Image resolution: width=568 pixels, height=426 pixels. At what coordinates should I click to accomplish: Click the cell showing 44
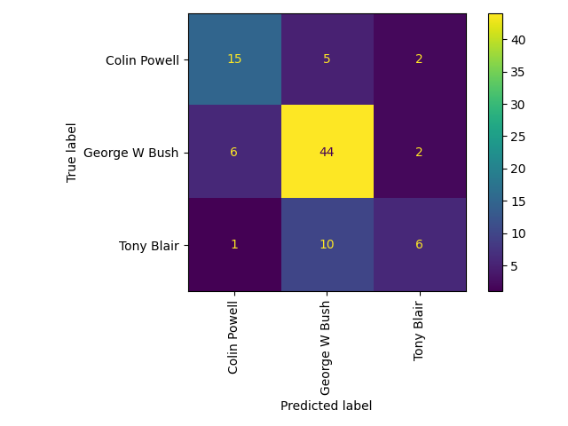tap(327, 152)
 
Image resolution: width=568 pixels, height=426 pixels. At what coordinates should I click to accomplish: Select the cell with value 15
tap(234, 59)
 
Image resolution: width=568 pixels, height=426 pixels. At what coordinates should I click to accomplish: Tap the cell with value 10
tap(327, 244)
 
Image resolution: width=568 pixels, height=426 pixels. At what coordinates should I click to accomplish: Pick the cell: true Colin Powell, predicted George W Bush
tap(327, 59)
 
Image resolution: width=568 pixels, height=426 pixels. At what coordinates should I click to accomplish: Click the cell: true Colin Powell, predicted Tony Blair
tap(419, 59)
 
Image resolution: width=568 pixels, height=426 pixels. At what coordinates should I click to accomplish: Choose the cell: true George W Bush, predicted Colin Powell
tap(234, 152)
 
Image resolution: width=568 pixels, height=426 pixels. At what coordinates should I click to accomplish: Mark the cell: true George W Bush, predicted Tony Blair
tap(419, 152)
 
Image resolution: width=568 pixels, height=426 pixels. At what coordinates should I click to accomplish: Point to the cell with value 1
tap(234, 244)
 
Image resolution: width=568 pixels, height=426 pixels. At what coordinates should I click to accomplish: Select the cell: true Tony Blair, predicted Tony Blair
tap(419, 244)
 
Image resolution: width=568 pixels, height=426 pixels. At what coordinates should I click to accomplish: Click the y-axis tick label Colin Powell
tap(142, 60)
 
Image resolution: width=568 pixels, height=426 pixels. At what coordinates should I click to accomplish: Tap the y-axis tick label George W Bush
tap(131, 153)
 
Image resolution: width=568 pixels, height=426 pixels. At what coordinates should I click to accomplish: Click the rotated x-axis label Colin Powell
tap(234, 336)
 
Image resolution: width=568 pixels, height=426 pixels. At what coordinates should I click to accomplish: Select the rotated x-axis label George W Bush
tap(327, 345)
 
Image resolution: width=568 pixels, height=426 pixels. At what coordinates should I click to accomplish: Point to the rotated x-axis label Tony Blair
tap(419, 329)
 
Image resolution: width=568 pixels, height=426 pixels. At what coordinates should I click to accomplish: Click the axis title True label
tap(72, 152)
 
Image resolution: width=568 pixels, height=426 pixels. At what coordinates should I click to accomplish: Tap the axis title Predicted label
tap(326, 406)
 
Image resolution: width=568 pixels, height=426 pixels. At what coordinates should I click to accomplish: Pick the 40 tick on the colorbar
tap(517, 40)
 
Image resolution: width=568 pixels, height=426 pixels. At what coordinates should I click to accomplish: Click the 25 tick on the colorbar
tap(517, 137)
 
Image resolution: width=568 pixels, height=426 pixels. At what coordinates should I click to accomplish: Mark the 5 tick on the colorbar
tap(514, 265)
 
